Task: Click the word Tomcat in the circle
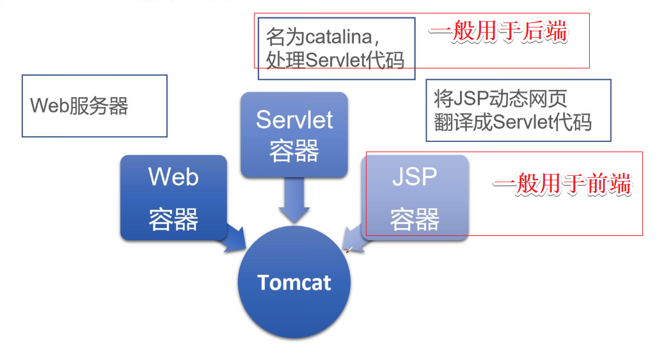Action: pos(294,283)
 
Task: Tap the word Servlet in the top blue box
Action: pos(294,120)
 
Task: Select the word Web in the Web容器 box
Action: pos(173,176)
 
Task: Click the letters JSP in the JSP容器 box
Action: pos(415,176)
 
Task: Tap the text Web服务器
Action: pos(79,106)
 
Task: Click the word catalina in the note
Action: pos(339,37)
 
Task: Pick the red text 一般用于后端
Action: pos(498,32)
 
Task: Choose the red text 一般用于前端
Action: pos(562,185)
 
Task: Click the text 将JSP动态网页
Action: pos(500,98)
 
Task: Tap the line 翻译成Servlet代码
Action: pos(512,122)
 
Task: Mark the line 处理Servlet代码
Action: pos(335,60)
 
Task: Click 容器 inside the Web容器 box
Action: pos(173,219)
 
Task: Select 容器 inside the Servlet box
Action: pos(294,151)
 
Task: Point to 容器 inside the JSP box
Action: pos(415,219)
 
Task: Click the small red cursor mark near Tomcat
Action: pos(349,250)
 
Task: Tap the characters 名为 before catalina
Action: pos(285,37)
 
